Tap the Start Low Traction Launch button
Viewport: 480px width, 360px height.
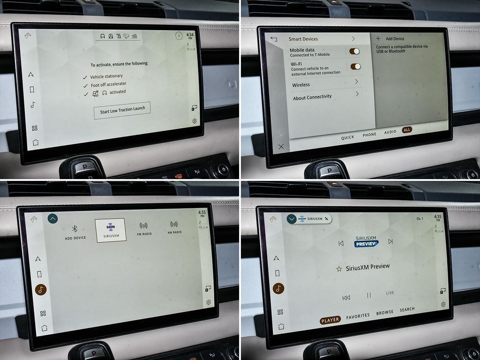tap(122, 110)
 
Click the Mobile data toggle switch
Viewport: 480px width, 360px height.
tap(354, 52)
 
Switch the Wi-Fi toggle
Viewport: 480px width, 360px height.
tap(355, 67)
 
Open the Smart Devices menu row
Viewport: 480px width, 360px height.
tap(322, 39)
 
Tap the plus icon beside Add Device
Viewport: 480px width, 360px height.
tap(378, 38)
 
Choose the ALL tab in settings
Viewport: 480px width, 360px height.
tap(407, 130)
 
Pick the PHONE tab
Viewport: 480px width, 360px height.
tap(369, 135)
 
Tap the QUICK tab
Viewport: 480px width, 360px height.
tap(348, 137)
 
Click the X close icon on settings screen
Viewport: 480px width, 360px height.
tap(281, 147)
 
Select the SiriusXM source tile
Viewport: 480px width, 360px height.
tap(111, 230)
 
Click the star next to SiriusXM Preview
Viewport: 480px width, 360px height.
tap(339, 269)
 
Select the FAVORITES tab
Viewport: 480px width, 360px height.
tap(358, 316)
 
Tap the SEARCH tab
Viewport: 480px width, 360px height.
tap(407, 309)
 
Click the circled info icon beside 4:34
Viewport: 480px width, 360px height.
tap(179, 36)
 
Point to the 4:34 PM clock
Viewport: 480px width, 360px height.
tap(190, 36)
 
